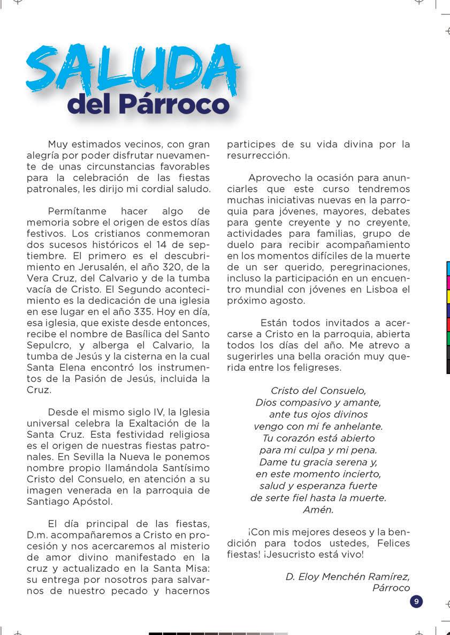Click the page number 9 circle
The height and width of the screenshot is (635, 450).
click(416, 601)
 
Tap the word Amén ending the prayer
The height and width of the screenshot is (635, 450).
click(318, 510)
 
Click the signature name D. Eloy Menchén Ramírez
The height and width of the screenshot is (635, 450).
click(348, 577)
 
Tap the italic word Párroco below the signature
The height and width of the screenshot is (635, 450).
click(391, 588)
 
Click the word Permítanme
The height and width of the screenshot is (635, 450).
click(77, 211)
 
